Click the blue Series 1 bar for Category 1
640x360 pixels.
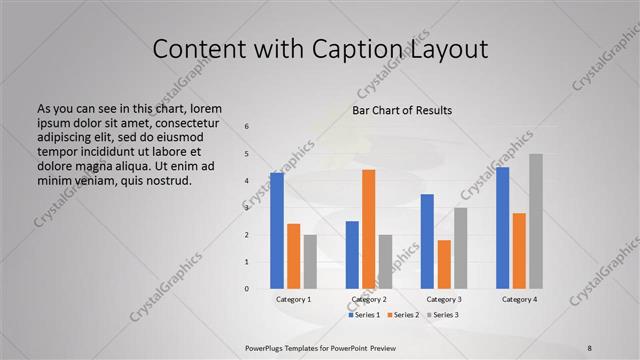[277, 231]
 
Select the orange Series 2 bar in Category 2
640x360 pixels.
[368, 229]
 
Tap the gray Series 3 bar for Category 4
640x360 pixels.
[536, 221]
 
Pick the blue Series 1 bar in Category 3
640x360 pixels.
[427, 241]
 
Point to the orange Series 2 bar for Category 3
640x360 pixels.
[444, 264]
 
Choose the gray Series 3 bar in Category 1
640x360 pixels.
[310, 262]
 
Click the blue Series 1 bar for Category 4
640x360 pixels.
[502, 228]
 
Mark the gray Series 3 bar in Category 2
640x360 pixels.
[385, 262]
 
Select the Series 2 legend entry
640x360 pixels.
[403, 315]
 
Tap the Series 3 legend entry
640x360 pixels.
[442, 315]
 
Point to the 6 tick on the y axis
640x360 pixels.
[247, 126]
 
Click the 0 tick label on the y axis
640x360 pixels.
[247, 289]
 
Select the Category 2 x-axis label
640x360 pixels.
[369, 300]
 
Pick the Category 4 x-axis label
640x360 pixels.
[519, 300]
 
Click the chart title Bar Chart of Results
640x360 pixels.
[402, 110]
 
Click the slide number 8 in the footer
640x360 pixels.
[589, 346]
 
